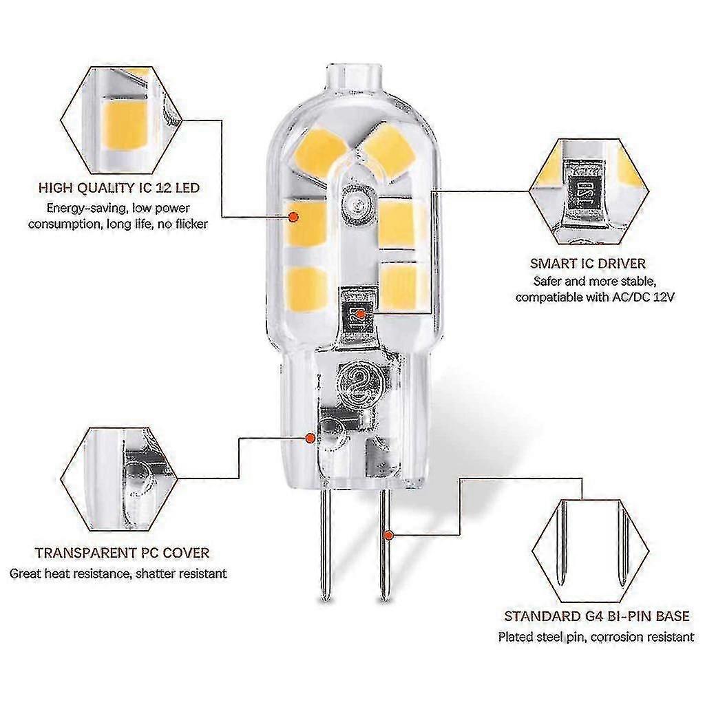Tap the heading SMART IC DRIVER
point(587,263)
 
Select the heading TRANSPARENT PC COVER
point(122,552)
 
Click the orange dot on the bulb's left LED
point(293,216)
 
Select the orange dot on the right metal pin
point(389,534)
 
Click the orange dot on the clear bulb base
point(311,436)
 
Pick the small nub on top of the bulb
point(352,74)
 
